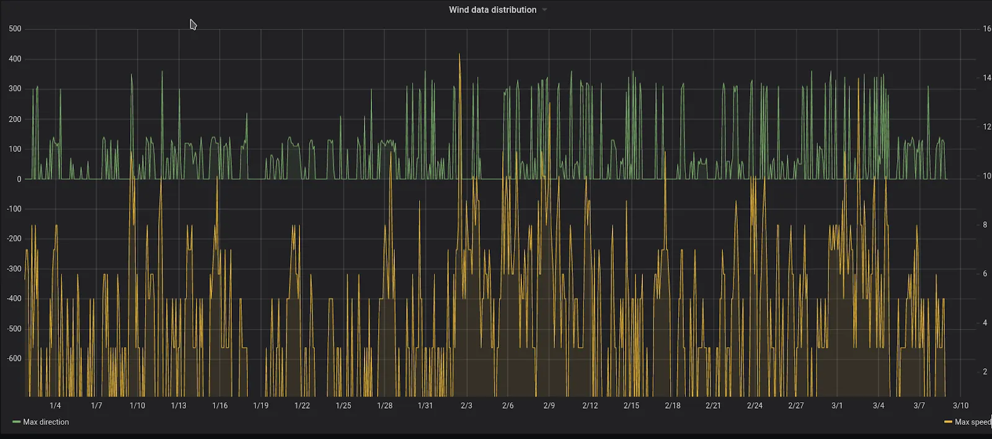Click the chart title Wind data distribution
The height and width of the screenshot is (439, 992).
[492, 10]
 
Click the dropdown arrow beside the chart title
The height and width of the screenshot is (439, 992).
[544, 10]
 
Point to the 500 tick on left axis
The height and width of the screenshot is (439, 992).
[15, 29]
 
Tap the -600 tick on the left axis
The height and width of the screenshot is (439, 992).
[14, 358]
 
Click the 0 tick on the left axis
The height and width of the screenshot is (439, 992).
[19, 179]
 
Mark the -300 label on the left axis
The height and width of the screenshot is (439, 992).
[14, 269]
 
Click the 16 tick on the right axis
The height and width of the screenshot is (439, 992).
[986, 29]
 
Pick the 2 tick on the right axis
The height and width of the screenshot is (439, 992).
[985, 372]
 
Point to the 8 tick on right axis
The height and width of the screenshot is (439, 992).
[985, 225]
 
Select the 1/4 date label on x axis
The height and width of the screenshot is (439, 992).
[55, 406]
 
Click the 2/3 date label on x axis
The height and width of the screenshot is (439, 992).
[466, 406]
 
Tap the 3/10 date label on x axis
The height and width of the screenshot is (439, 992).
[960, 406]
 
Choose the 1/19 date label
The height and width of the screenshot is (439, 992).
[261, 406]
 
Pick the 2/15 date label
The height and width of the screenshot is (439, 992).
[631, 406]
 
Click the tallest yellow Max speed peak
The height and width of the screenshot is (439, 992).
[459, 55]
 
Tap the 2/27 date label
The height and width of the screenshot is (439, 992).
[795, 406]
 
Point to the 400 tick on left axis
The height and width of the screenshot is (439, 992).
[15, 59]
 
